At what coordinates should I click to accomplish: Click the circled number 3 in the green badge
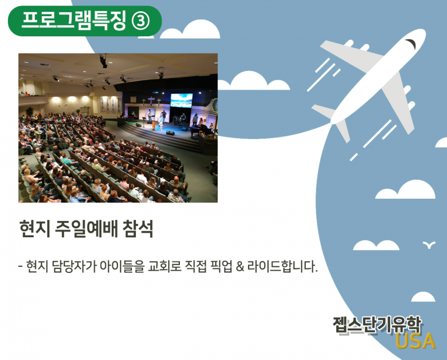(141, 21)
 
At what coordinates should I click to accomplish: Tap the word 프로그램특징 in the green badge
(74, 21)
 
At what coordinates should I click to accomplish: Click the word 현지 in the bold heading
(35, 229)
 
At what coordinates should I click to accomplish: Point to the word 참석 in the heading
(138, 229)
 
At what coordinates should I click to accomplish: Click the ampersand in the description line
(240, 267)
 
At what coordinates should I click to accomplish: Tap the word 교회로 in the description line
(164, 267)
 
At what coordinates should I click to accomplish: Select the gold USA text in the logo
(416, 341)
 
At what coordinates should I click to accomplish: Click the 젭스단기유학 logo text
(377, 325)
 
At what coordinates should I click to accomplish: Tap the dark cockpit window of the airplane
(411, 44)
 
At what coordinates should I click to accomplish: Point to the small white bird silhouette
(429, 244)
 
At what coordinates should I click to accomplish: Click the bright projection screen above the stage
(181, 100)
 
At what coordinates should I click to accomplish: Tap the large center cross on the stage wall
(151, 100)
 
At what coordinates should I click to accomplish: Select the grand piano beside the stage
(200, 131)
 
